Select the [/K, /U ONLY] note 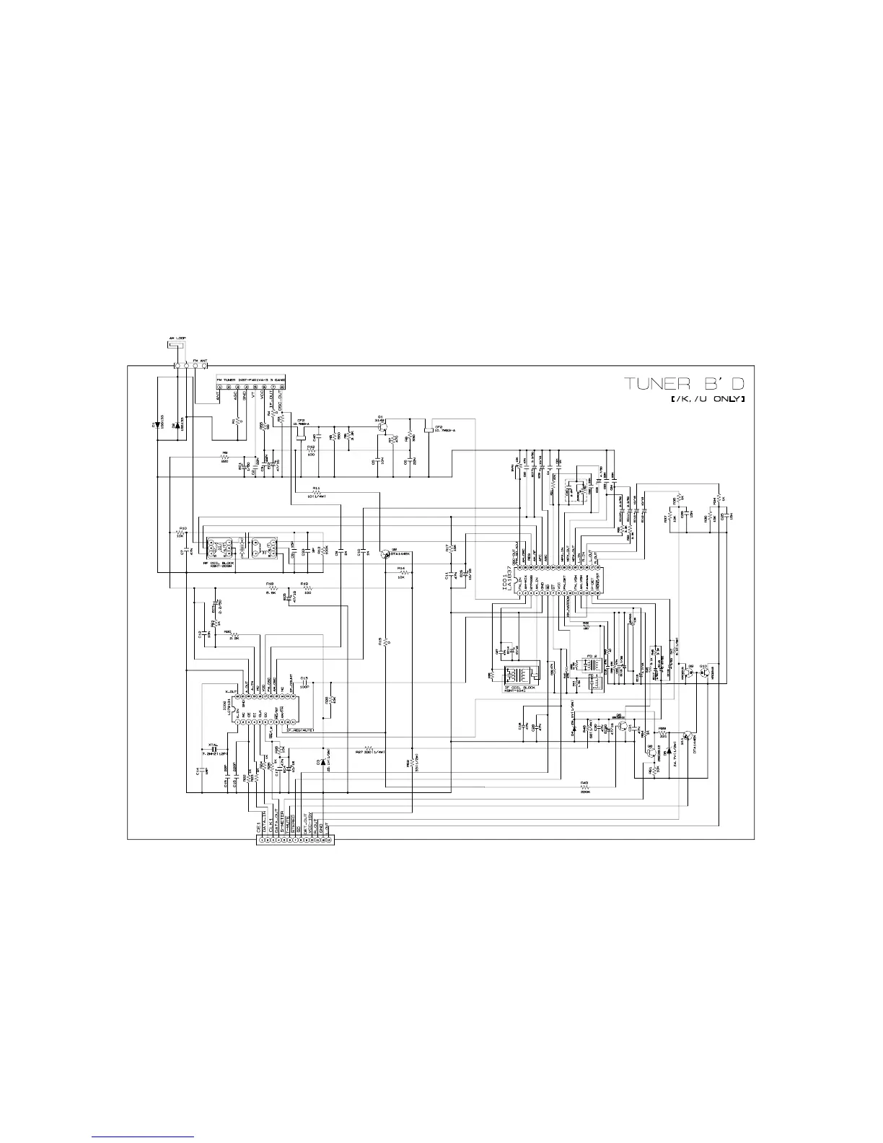point(707,399)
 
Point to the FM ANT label point(200,359)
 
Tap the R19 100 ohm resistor point(307,589)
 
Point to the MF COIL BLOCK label point(218,563)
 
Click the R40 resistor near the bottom point(585,787)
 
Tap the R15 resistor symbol point(387,641)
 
